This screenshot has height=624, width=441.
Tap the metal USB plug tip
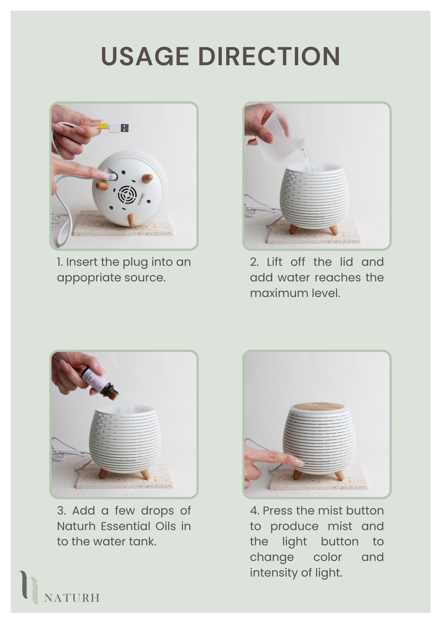[124, 128]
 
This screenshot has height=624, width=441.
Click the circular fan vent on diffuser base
[127, 195]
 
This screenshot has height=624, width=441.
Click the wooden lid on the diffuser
[317, 407]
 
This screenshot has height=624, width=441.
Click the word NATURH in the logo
[72, 598]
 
